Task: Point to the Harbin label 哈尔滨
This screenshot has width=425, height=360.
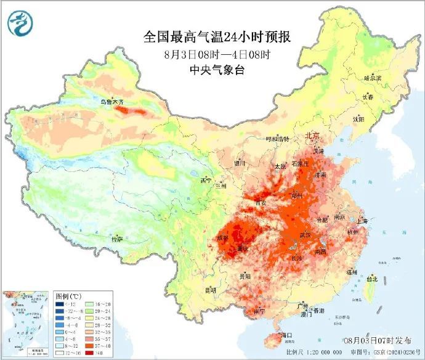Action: (373, 78)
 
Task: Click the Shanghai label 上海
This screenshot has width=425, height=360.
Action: (362, 221)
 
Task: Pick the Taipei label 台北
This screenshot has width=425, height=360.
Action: (371, 278)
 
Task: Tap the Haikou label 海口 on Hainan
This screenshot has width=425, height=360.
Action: (286, 335)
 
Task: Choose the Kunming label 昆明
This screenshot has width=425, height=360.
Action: (210, 289)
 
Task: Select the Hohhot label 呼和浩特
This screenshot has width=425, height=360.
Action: (277, 139)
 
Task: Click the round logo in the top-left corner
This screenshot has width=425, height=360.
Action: (18, 23)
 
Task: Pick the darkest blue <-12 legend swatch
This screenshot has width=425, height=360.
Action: (60, 304)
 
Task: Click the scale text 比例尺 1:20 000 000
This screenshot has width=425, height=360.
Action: (290, 353)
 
